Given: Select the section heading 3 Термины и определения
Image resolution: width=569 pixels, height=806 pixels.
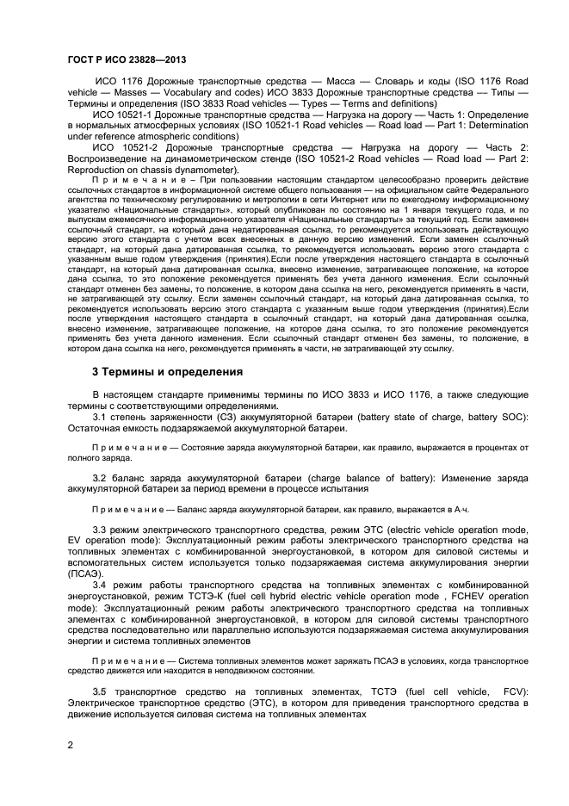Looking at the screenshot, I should (167, 372).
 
